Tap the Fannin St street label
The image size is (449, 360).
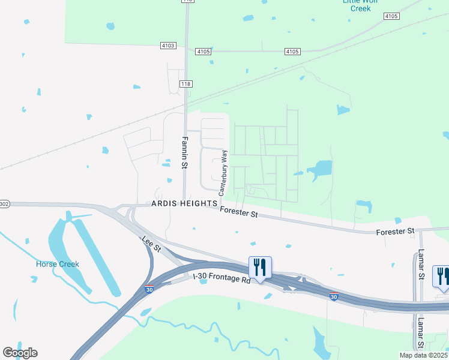coord(185,152)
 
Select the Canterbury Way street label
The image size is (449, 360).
coord(223,173)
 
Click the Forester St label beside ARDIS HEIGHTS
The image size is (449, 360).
coord(238,211)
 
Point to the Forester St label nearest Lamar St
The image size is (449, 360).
coord(395,231)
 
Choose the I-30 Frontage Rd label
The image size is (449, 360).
coord(221,278)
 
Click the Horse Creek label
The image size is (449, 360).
coord(58,264)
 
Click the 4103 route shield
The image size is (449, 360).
coord(169,45)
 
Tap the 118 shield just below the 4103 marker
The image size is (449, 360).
coord(185,84)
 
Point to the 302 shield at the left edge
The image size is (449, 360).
coord(4,204)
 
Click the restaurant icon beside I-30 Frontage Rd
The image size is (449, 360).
coord(260,267)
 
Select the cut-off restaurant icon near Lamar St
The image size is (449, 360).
coord(442,276)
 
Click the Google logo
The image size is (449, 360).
coord(20,353)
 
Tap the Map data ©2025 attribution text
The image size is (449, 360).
coord(424,355)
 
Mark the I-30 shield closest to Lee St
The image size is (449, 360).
coord(148,290)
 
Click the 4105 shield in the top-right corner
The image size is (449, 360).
coord(391,16)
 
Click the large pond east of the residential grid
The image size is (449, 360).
coord(321,169)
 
